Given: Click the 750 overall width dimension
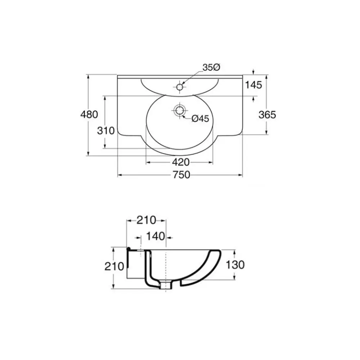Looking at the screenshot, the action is [x=181, y=175].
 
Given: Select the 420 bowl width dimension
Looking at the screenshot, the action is [x=181, y=162].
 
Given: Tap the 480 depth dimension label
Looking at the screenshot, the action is [x=89, y=114].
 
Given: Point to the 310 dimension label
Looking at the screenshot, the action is [x=106, y=131].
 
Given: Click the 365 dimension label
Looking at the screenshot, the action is [x=267, y=114].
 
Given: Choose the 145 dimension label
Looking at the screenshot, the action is [x=254, y=85].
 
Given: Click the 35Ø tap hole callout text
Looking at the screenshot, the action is [x=211, y=67].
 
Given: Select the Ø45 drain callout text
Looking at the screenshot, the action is [x=200, y=118].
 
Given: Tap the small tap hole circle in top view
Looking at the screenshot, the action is [x=180, y=87].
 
